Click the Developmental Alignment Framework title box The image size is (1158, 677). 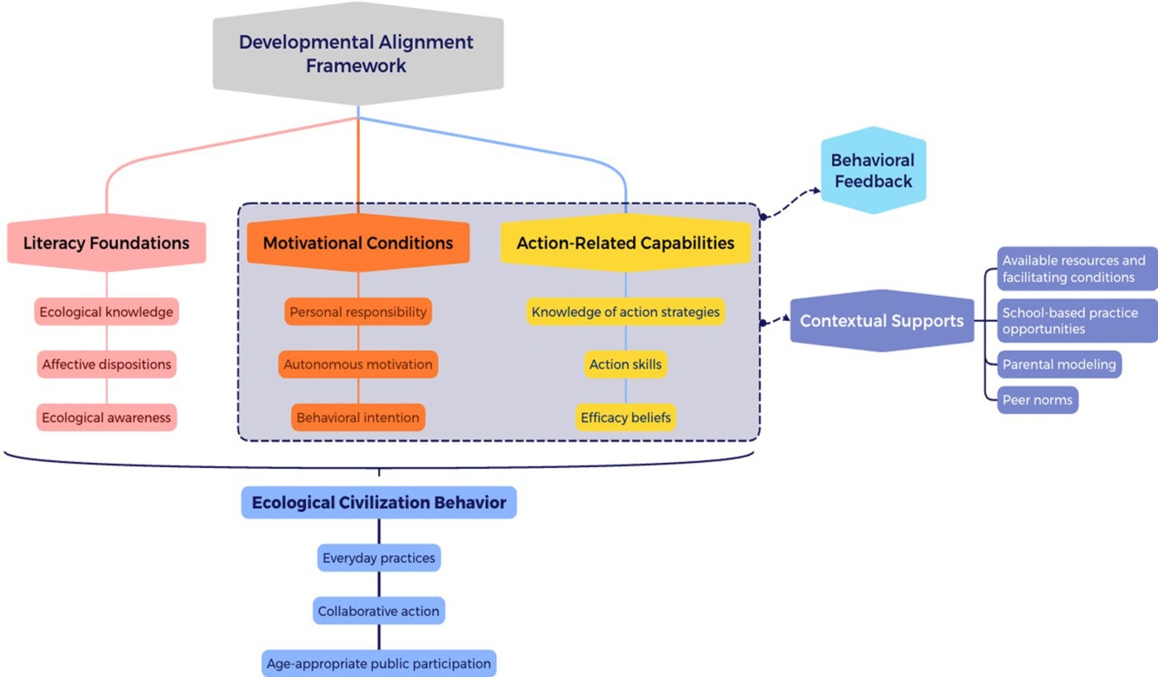[357, 53]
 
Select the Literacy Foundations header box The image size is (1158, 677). [106, 243]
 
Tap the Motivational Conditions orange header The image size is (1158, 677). [358, 243]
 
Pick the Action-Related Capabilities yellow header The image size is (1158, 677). [626, 243]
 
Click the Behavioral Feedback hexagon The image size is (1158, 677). [873, 171]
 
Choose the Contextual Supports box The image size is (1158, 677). [882, 321]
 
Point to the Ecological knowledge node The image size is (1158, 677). [106, 312]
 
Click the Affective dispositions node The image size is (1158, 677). [106, 365]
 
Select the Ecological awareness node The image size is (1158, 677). [106, 417]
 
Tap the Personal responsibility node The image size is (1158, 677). [358, 312]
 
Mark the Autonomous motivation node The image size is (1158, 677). [358, 365]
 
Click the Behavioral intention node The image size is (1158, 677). [358, 417]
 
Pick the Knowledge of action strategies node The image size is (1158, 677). [626, 312]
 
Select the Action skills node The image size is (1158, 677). [626, 365]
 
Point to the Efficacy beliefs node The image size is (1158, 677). [626, 417]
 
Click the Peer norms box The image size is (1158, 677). [1037, 400]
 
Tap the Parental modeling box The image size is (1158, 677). [1059, 365]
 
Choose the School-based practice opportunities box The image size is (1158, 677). [1077, 321]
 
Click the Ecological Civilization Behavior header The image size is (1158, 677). [379, 503]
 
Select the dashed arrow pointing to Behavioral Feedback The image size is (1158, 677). [791, 201]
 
